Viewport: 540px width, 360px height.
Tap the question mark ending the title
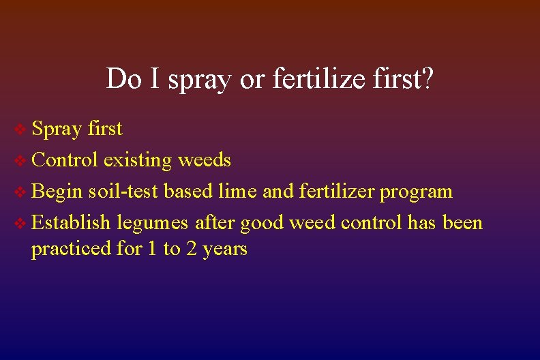click(426, 79)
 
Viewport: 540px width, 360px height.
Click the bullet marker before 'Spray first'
click(22, 129)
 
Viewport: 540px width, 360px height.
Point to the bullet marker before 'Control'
click(22, 160)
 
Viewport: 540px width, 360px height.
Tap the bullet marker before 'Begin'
click(22, 192)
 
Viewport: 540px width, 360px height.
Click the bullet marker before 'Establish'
click(22, 223)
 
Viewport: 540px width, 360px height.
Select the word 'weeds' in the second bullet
click(205, 160)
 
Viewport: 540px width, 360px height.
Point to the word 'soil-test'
click(121, 192)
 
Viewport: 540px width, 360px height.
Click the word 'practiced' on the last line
click(71, 249)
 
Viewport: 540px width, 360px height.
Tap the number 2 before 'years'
click(192, 249)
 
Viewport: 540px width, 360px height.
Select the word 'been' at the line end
click(463, 223)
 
